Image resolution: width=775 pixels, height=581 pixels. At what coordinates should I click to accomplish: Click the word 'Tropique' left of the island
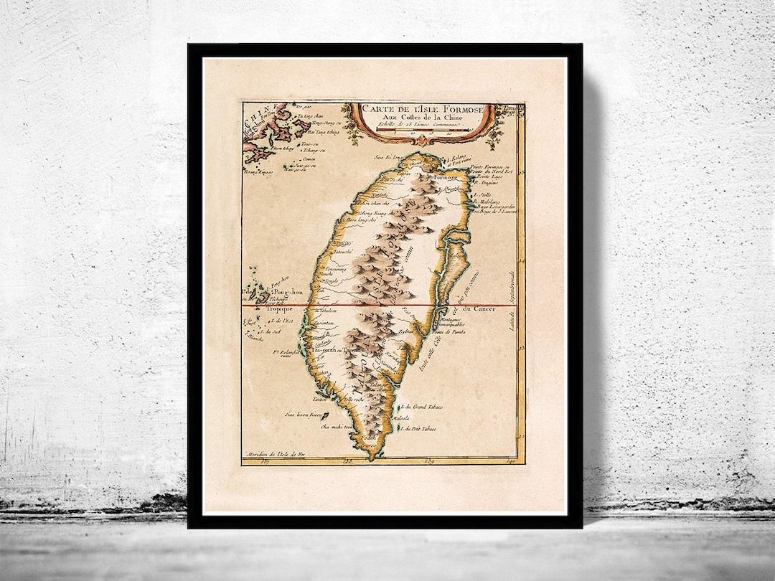click(x=260, y=308)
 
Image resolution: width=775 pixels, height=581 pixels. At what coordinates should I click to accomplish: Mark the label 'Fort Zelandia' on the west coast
click(x=286, y=352)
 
